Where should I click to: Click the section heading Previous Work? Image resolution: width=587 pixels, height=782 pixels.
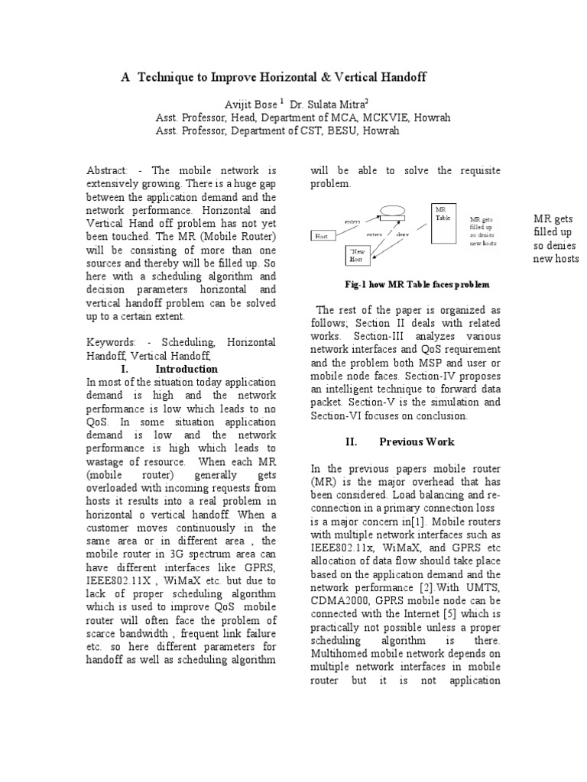[417, 441]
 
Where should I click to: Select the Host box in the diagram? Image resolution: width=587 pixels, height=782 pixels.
[322, 236]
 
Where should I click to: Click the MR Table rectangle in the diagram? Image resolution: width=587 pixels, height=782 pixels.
[444, 223]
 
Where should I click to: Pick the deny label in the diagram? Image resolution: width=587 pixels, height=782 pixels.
[402, 234]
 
